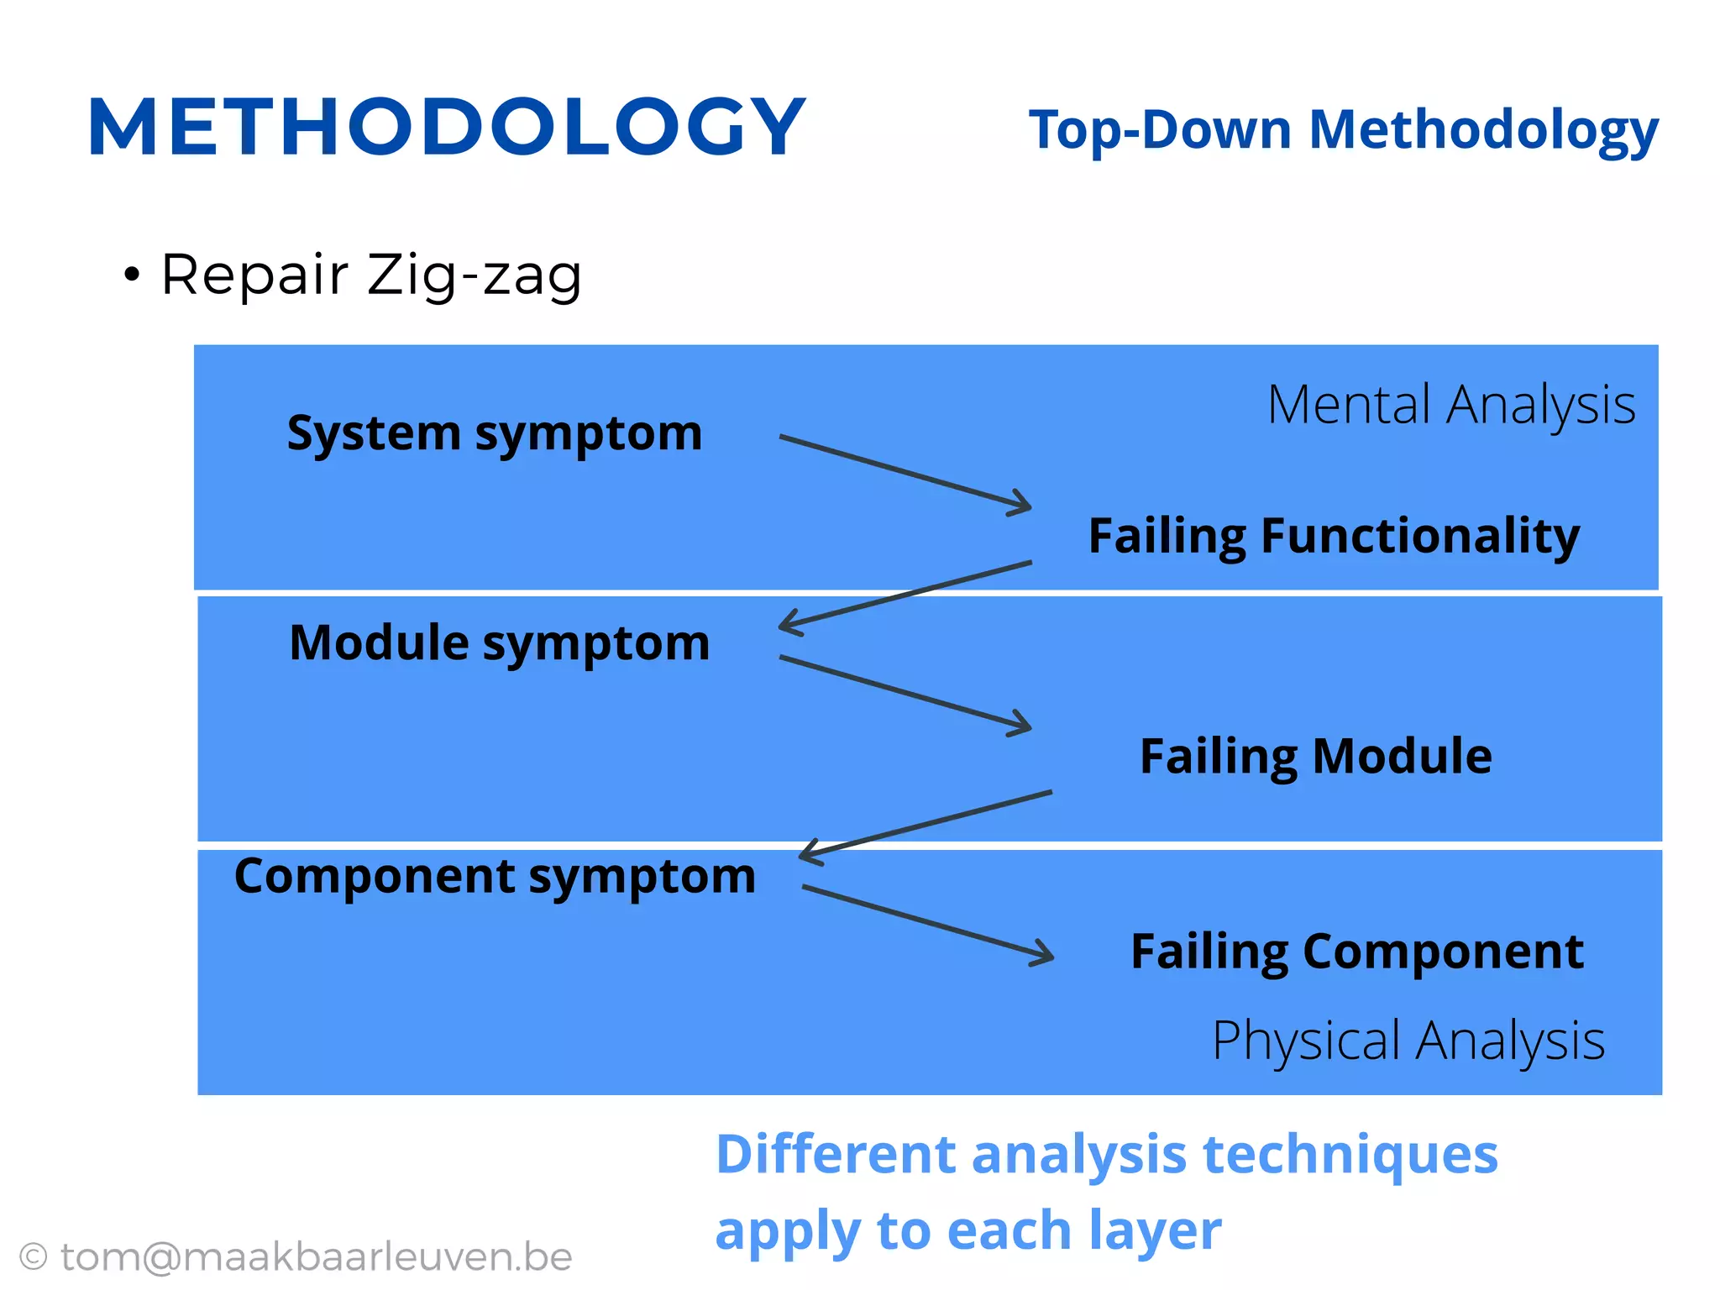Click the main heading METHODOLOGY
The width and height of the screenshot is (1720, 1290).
[446, 128]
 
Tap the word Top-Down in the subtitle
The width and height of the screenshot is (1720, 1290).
[1160, 131]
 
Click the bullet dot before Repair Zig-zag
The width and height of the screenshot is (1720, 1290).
[131, 274]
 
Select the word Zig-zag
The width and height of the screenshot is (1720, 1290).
[475, 275]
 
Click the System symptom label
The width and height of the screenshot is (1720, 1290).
[494, 434]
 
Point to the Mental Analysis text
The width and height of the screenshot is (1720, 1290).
[1450, 405]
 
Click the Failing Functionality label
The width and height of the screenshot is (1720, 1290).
[1333, 536]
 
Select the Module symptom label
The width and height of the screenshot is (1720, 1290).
[499, 644]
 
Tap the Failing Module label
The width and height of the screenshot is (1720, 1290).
[1315, 756]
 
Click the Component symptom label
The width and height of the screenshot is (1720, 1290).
[495, 877]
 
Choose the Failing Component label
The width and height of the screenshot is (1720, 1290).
[1356, 952]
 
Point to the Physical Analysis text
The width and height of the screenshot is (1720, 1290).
[1408, 1041]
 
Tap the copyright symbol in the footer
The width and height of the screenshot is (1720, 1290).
[33, 1257]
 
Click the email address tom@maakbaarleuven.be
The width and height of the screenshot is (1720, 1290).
[317, 1257]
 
